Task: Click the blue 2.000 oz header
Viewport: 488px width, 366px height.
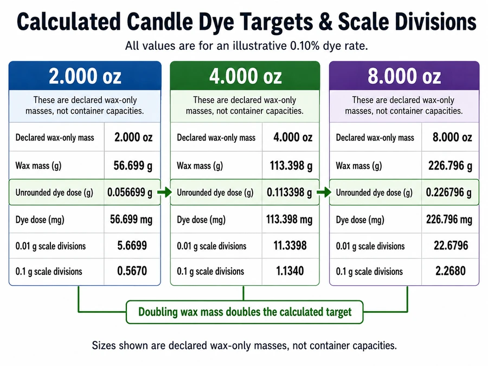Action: coord(85,76)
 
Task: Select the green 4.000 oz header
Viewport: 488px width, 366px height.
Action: coord(245,76)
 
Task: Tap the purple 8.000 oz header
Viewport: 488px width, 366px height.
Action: coord(404,76)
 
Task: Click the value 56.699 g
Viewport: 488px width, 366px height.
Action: coord(133,165)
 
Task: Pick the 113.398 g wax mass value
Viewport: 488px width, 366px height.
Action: coord(291,165)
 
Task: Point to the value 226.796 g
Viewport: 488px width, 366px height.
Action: coord(450,165)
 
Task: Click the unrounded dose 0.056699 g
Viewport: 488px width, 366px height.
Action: coord(130,192)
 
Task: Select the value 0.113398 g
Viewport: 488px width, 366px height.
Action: coord(289,192)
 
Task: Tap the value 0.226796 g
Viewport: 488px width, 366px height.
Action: coord(448,192)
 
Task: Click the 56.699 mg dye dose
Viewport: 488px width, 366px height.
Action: coord(131,220)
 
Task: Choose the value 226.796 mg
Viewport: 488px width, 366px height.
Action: coord(449,220)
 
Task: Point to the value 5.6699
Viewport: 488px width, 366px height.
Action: coord(132,246)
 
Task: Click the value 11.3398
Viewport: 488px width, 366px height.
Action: coord(290,246)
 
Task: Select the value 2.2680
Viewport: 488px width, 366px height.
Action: coord(451,271)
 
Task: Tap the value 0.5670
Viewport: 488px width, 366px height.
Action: coord(132,271)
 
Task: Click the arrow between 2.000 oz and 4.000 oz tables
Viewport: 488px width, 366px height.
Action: coord(165,192)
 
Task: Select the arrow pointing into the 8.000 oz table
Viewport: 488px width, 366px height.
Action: coord(324,192)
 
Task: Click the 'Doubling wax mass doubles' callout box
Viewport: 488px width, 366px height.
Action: coord(245,312)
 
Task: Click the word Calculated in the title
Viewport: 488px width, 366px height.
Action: coord(68,22)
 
